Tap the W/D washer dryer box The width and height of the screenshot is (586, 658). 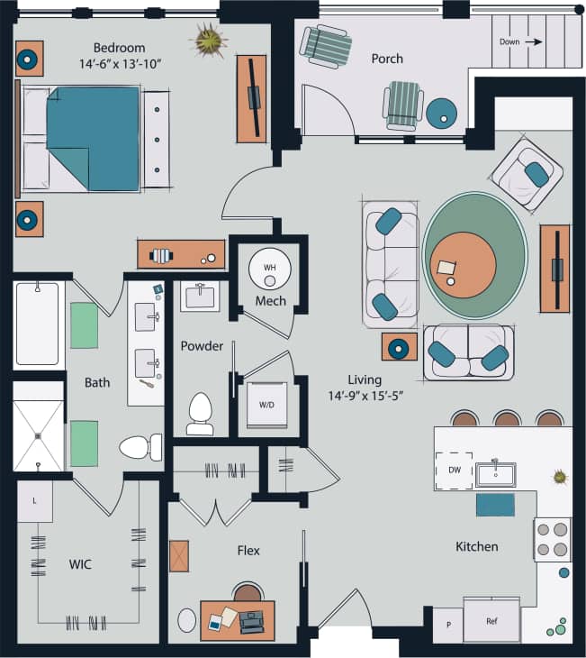tap(267, 405)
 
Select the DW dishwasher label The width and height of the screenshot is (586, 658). tap(454, 471)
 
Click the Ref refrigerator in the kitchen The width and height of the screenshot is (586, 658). tap(491, 620)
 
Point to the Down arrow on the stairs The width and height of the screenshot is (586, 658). tap(521, 41)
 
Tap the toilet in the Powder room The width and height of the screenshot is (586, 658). tap(199, 414)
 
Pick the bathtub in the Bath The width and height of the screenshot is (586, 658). tap(37, 325)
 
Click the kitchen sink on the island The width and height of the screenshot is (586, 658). tap(494, 473)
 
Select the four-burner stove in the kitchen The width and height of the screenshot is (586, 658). tap(552, 539)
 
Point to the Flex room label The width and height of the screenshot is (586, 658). tap(248, 550)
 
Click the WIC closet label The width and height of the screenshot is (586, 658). tap(81, 564)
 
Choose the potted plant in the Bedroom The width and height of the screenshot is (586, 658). tap(210, 41)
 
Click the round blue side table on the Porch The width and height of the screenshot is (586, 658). tap(442, 112)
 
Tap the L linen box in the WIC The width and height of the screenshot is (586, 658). tap(34, 499)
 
